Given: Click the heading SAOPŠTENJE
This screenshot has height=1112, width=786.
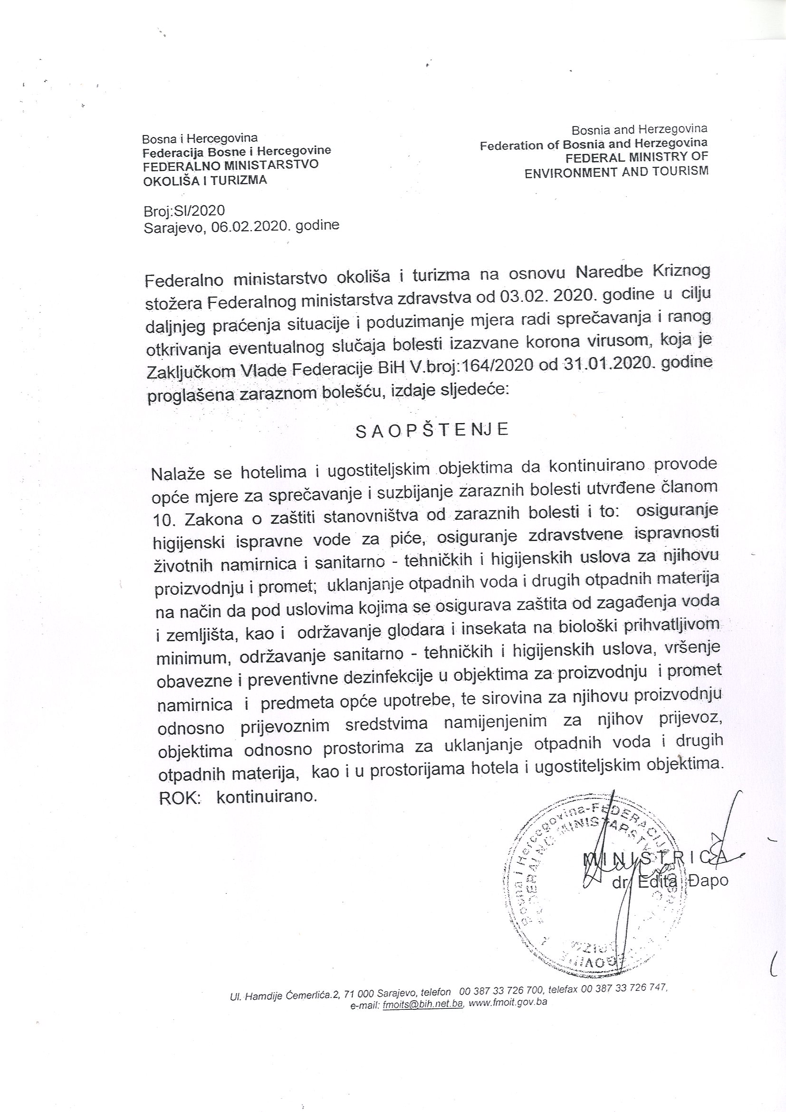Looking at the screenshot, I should click(x=431, y=431).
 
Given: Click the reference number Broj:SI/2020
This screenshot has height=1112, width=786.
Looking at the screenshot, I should click(x=184, y=211).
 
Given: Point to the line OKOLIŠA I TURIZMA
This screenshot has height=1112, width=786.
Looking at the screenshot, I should click(x=204, y=181).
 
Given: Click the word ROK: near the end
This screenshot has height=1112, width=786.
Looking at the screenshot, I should click(x=179, y=799).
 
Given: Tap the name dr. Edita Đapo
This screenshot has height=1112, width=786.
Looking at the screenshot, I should click(x=671, y=881).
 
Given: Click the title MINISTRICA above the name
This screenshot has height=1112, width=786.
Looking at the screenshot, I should click(x=656, y=857).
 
